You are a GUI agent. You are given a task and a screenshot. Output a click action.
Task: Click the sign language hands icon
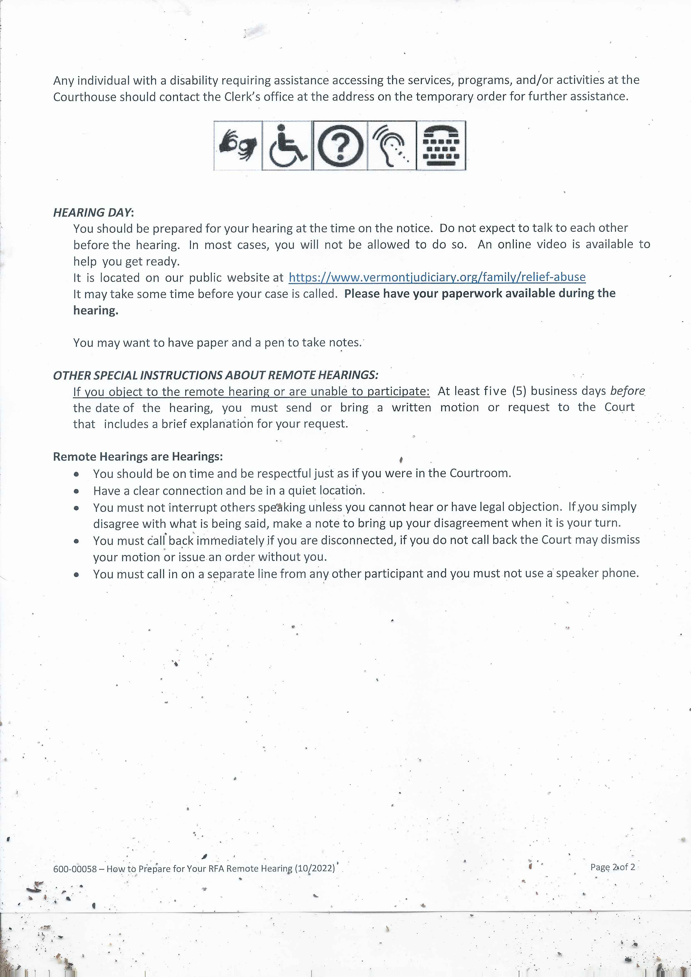click(x=238, y=146)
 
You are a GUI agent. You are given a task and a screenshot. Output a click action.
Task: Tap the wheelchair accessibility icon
click(x=287, y=146)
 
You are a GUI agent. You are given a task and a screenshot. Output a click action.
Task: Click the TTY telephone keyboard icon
click(x=441, y=146)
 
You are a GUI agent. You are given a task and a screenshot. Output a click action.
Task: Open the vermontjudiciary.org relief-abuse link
click(x=437, y=277)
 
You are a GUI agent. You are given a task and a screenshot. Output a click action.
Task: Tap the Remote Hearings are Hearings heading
click(x=138, y=456)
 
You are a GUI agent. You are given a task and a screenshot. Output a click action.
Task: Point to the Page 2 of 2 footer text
click(x=612, y=867)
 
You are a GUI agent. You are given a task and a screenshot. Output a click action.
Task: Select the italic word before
click(x=627, y=391)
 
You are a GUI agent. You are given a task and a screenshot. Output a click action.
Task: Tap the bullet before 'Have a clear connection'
click(x=76, y=491)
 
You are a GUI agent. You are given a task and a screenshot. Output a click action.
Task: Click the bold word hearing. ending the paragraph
click(x=95, y=311)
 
